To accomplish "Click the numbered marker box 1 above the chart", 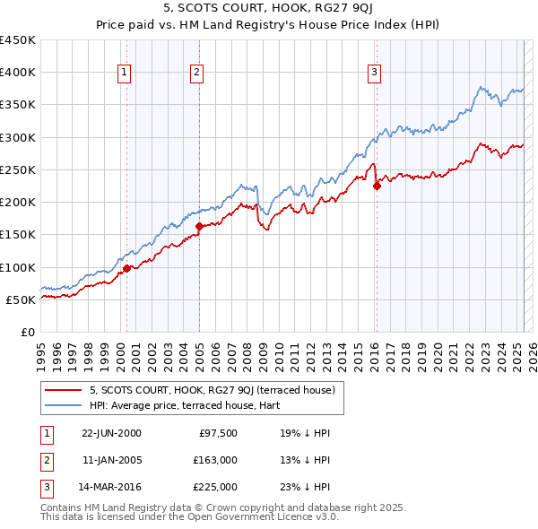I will pos(123,74).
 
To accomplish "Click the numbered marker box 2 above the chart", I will pos(195,74).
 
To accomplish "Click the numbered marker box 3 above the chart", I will pos(374,74).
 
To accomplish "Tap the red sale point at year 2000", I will pos(126,268).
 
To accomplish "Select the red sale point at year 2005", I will pos(199,226).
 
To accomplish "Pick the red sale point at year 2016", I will pos(377,186).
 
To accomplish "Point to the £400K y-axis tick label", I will pos(18,73).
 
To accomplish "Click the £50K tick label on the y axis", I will pos(22,299).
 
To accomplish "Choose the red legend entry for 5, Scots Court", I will pos(213,390).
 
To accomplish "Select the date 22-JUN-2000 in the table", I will pos(111,433).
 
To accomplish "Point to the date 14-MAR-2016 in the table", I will pos(111,487).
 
